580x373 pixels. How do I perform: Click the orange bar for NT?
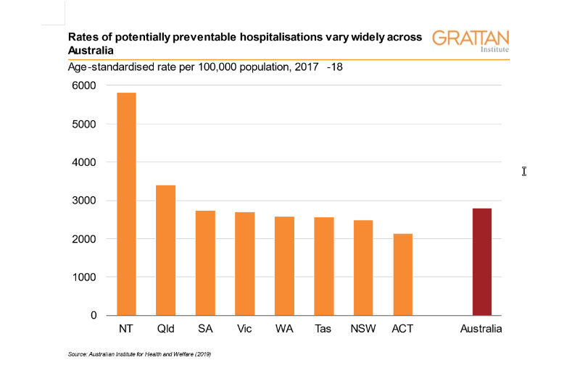pyautogui.click(x=126, y=204)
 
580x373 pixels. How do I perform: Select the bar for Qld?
pyautogui.click(x=165, y=250)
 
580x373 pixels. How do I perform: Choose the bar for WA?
pyautogui.click(x=284, y=266)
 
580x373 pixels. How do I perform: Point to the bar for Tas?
pyautogui.click(x=323, y=266)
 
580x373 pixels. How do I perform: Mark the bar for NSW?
pyautogui.click(x=363, y=268)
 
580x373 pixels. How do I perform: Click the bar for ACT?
pyautogui.click(x=402, y=274)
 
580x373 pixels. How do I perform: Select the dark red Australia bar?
pyautogui.click(x=482, y=261)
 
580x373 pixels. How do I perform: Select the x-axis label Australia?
pyautogui.click(x=481, y=330)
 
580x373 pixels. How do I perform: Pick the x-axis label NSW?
pyautogui.click(x=363, y=330)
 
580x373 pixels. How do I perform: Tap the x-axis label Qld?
pyautogui.click(x=165, y=330)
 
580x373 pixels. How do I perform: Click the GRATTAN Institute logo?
pyautogui.click(x=471, y=41)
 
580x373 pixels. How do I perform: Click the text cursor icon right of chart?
pyautogui.click(x=524, y=171)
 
